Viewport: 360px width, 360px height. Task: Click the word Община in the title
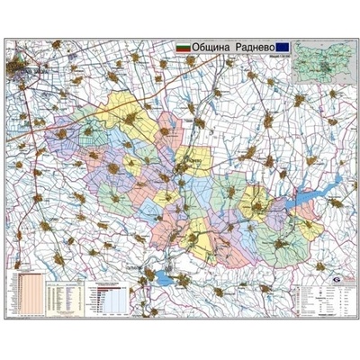[211, 44]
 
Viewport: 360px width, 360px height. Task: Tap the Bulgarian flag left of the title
[183, 44]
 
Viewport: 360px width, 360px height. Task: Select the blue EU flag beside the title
[283, 44]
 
